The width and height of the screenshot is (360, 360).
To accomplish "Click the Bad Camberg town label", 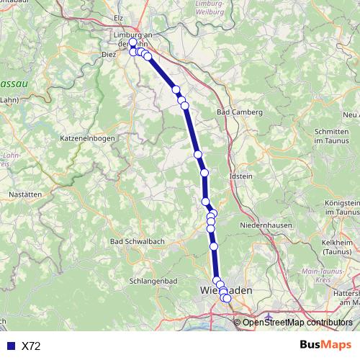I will click(240, 113).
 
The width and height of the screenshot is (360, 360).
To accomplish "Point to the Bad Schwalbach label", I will click(133, 240).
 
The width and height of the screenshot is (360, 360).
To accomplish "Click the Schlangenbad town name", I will click(150, 281).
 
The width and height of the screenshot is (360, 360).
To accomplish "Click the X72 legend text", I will click(31, 346).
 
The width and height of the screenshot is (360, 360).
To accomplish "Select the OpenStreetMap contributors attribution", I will click(297, 323).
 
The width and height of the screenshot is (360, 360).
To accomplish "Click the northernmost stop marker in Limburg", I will click(132, 43).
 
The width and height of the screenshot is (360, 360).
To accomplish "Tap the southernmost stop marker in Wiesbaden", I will click(228, 298).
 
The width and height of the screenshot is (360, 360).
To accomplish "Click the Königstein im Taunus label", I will click(342, 208).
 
